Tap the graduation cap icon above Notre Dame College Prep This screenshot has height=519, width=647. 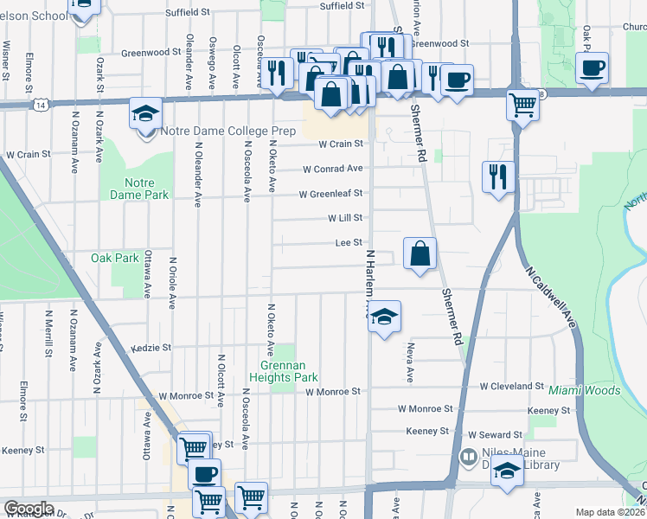click(x=145, y=112)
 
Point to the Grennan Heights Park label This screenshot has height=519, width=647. click(x=284, y=371)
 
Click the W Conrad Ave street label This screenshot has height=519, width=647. click(x=333, y=169)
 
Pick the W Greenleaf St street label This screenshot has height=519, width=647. click(x=330, y=194)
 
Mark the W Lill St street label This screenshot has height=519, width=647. click(x=343, y=219)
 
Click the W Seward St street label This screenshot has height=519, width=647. click(x=495, y=434)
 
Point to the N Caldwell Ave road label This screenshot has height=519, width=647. click(x=550, y=295)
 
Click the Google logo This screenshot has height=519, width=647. click(x=29, y=508)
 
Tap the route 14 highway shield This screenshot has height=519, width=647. click(x=41, y=104)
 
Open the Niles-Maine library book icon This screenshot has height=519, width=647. click(x=468, y=456)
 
